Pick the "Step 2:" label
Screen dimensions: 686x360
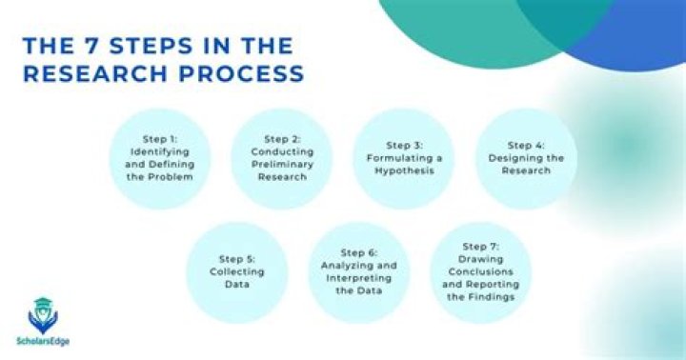282,138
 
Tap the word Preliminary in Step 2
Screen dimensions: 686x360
282,165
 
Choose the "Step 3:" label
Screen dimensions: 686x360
403,145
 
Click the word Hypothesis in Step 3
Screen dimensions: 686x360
403,171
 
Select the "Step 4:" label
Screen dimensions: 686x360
525,145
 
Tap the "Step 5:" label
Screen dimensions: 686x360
236,258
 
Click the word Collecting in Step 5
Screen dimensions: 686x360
236,271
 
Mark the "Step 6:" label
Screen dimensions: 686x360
358,251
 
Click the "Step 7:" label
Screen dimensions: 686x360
481,246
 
